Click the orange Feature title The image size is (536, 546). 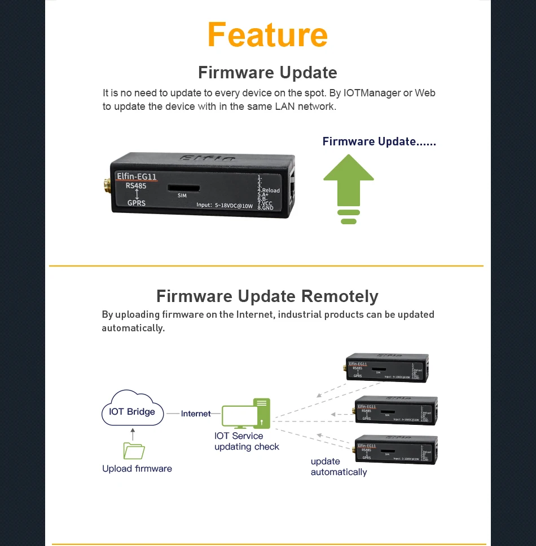[267, 35]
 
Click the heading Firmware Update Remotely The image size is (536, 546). [267, 296]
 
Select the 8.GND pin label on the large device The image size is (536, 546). [265, 207]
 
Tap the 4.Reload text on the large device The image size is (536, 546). [269, 190]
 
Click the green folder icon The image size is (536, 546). [134, 450]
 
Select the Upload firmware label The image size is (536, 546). [137, 469]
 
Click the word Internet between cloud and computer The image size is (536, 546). [196, 414]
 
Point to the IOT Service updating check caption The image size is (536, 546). [247, 441]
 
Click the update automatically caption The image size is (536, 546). [339, 467]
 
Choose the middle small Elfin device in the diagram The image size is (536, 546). [396, 410]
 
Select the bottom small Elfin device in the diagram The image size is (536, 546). [395, 450]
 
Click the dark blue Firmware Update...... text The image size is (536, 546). [379, 141]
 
